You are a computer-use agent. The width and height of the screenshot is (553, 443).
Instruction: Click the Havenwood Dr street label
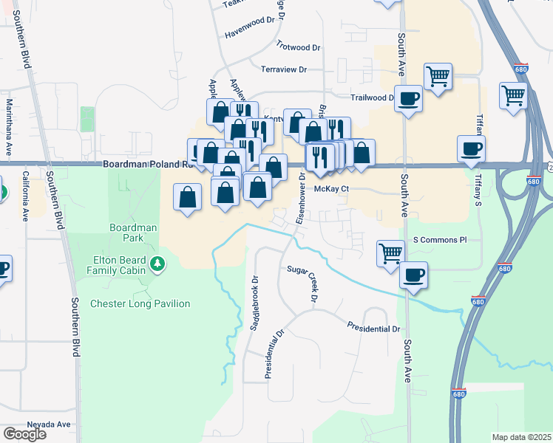click(x=249, y=32)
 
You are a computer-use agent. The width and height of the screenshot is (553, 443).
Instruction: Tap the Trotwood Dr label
click(x=298, y=47)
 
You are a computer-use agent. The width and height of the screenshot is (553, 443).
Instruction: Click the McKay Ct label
click(x=330, y=189)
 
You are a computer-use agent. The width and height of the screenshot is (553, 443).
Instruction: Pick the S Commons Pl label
click(x=440, y=240)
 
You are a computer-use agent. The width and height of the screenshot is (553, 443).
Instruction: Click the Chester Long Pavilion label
click(x=140, y=303)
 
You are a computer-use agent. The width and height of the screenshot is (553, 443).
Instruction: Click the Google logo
click(x=24, y=433)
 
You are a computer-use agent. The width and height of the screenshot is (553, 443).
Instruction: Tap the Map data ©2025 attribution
click(x=521, y=437)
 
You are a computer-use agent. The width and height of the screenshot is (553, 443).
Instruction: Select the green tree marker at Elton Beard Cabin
click(x=157, y=264)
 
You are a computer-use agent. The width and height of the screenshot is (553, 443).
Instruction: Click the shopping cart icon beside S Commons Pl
click(x=391, y=253)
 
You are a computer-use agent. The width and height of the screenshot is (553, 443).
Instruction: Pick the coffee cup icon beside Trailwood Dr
click(x=408, y=98)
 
